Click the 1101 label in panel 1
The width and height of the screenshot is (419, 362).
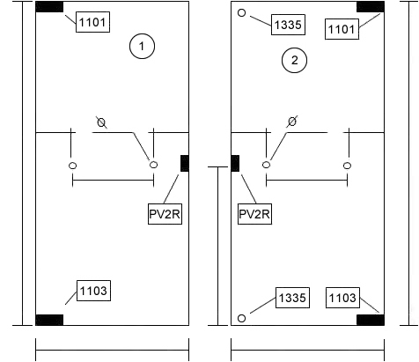coord(92,22)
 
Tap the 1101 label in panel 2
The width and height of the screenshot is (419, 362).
coord(342,29)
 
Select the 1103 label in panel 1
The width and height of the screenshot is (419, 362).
coord(93,291)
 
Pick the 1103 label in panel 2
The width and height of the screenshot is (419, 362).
coord(342,298)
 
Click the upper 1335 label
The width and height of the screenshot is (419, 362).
coord(288,25)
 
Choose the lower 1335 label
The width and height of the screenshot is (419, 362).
coord(292,298)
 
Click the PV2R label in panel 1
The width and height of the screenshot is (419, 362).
coord(165,214)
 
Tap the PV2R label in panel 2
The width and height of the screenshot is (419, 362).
coord(254,214)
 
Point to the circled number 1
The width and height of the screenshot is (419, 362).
coord(142,46)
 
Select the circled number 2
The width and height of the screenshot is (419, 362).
coord(294,60)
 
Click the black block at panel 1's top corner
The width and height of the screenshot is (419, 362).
coord(49,7)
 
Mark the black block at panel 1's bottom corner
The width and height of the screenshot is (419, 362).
coord(49,320)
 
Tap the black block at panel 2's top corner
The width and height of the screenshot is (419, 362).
coord(371,7)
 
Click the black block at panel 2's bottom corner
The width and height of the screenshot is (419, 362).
coord(371,320)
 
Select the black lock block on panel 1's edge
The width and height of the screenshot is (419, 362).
coord(185,163)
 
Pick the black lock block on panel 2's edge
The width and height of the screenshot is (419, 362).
coord(235,163)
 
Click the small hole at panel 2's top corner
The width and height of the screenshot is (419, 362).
coord(241,13)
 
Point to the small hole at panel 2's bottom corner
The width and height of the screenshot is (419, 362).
coord(241,318)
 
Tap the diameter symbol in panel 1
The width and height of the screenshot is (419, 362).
coord(101,122)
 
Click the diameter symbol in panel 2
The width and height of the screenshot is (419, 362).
coord(292,122)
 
